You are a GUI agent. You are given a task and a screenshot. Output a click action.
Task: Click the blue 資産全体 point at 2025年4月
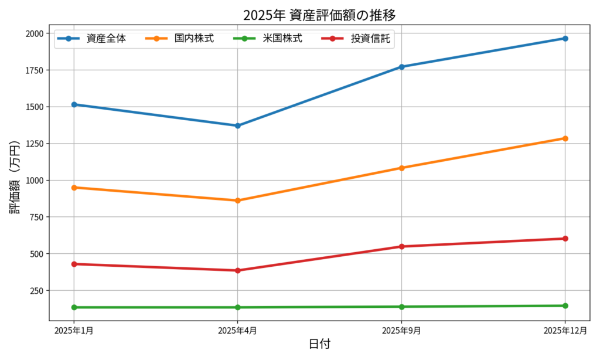238,125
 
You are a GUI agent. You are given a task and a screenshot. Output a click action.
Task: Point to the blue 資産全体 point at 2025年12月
565,39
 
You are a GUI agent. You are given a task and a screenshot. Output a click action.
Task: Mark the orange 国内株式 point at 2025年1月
74,188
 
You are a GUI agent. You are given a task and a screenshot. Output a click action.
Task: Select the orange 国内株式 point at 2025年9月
402,168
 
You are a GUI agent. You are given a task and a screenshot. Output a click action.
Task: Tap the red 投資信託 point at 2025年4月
238,270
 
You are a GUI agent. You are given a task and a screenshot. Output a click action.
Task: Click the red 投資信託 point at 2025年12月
565,239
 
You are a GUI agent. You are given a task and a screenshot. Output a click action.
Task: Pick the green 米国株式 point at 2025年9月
402,307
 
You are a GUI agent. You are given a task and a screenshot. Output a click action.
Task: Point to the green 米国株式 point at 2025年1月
74,307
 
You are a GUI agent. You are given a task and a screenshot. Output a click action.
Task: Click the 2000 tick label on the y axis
33,33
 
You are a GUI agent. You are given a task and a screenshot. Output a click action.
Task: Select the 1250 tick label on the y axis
33,144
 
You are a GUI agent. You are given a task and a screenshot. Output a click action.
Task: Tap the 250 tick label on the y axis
36,291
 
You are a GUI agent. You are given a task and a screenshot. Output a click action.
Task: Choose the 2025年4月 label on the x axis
237,331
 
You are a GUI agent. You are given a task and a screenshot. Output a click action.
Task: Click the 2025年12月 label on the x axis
565,331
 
